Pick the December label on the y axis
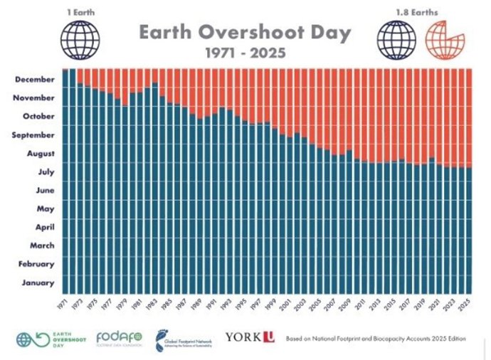35,80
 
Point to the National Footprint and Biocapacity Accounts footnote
376,338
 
